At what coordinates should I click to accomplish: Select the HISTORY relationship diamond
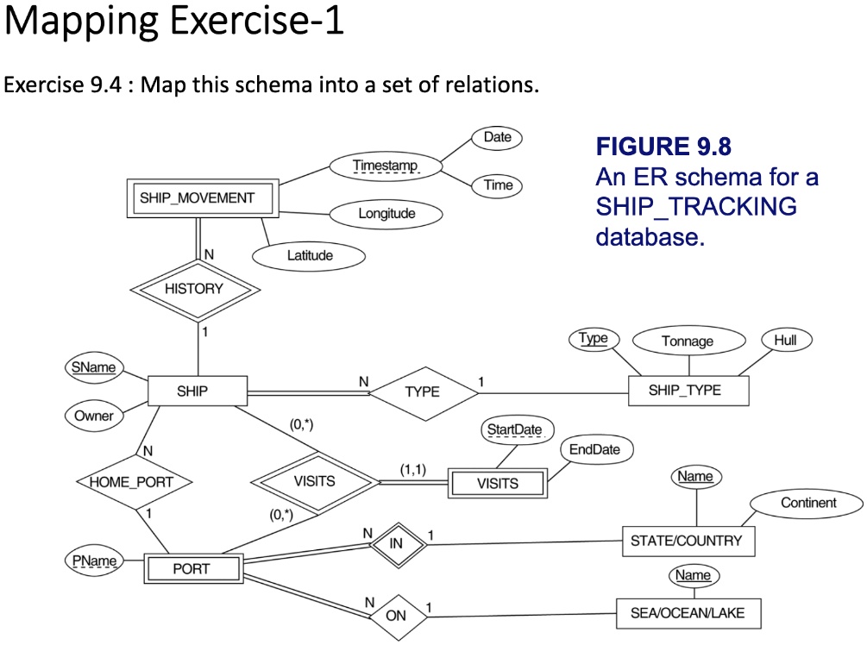click(192, 289)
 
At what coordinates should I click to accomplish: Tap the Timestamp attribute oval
click(385, 165)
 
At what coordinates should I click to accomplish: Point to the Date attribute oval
click(497, 137)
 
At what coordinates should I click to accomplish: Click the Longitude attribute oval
click(386, 213)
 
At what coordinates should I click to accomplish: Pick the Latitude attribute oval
click(308, 255)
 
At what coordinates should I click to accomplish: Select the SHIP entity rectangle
click(192, 391)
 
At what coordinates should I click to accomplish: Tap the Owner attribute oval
click(93, 416)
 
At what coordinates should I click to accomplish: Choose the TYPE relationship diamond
click(422, 391)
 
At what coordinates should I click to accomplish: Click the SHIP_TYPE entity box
click(686, 391)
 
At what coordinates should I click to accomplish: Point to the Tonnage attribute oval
click(687, 341)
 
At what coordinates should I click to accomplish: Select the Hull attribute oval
click(785, 341)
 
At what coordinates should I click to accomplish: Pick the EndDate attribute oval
click(595, 449)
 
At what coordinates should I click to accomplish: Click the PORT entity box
click(191, 568)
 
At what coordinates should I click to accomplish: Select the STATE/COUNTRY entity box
click(686, 542)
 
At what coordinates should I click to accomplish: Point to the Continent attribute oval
click(807, 503)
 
